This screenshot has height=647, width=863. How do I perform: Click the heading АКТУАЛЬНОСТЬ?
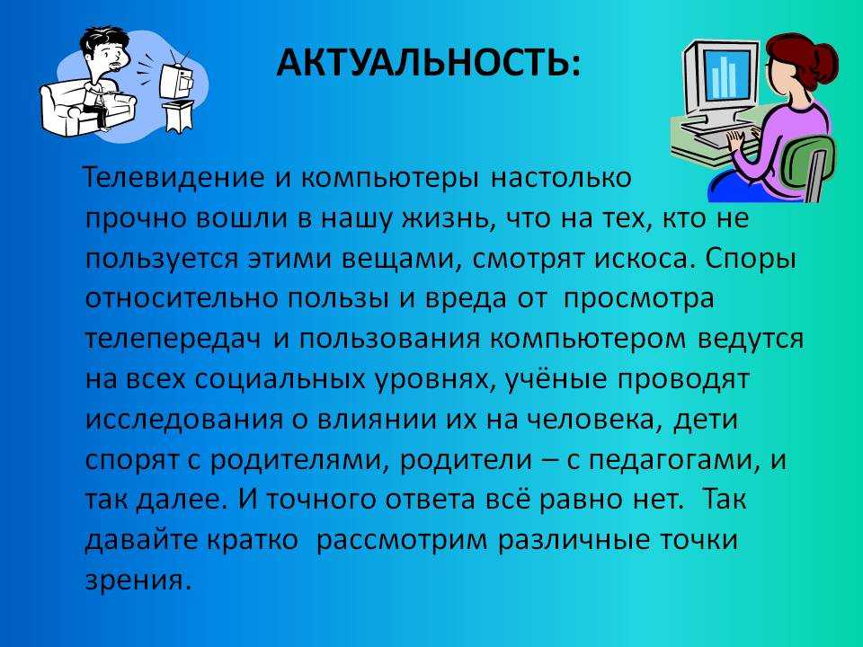428,62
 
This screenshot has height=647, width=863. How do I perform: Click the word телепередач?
173,340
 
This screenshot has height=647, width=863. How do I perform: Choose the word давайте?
141,540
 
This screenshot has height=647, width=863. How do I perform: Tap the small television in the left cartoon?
177,80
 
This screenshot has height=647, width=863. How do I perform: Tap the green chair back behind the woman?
810,165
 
